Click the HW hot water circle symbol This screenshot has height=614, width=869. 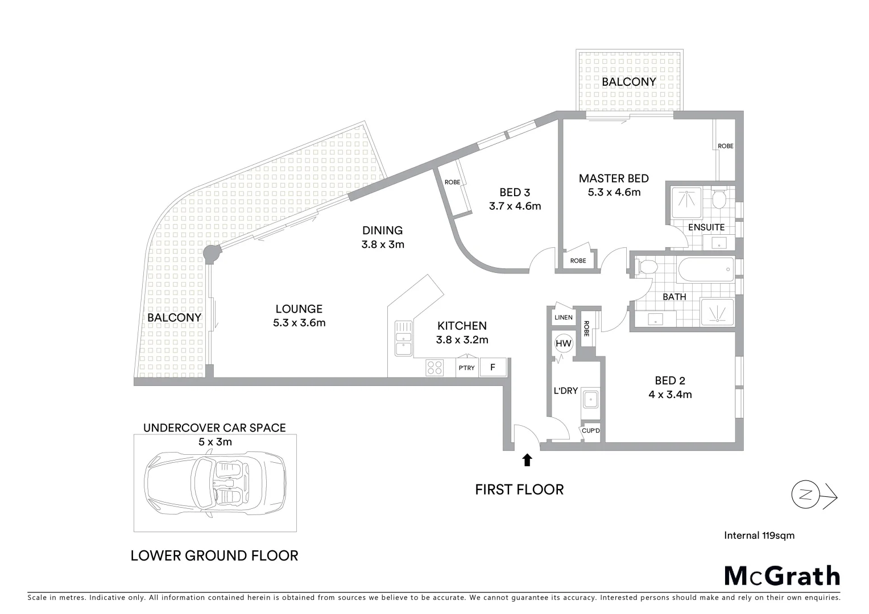563,343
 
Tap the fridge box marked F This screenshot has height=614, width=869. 493,367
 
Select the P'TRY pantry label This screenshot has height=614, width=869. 466,368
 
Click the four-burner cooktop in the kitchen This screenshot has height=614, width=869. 435,368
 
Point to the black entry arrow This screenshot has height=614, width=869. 527,460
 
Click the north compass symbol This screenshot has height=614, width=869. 805,494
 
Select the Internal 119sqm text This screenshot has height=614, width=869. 759,535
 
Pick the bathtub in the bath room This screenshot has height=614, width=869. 705,269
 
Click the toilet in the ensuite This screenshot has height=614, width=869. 718,199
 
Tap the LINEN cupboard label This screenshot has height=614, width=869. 563,317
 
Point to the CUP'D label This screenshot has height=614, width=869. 591,431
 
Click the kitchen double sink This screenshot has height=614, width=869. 404,338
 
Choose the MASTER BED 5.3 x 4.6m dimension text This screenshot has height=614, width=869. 614,192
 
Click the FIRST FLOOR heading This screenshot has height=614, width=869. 519,489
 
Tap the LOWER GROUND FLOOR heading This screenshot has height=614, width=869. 214,555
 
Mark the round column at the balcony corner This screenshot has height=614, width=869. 212,254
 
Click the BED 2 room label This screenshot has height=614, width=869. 669,381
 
